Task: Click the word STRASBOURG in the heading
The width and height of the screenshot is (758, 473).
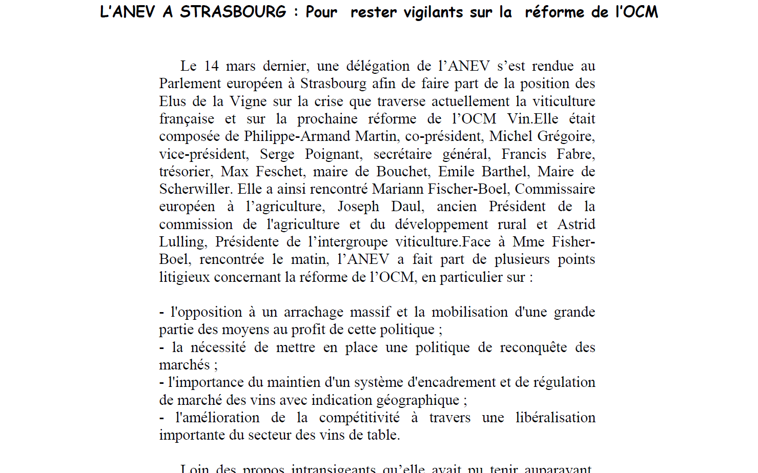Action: coord(233,12)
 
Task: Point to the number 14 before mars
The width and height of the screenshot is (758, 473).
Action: coord(211,66)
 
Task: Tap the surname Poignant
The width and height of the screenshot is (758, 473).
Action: coord(334,154)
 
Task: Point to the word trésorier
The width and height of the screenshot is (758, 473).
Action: coord(186,172)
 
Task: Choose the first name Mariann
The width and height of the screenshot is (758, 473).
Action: coord(397,189)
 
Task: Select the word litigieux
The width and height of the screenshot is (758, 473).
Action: coord(185,277)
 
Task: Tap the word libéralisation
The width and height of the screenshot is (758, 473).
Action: coord(555,418)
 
